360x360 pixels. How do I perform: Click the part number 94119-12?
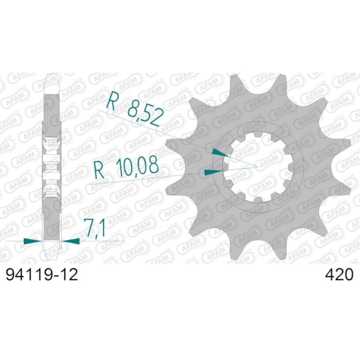tap(42, 275)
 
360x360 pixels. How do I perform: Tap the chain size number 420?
tap(338, 275)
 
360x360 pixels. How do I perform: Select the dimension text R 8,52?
tap(134, 109)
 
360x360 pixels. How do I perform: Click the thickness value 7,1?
tap(94, 228)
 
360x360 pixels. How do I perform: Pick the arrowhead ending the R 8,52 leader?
tap(220, 152)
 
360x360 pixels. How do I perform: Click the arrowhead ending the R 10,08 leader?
tap(213, 172)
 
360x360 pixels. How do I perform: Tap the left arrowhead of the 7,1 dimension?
tap(34, 241)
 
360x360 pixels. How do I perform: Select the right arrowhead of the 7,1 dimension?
tap(70, 241)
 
